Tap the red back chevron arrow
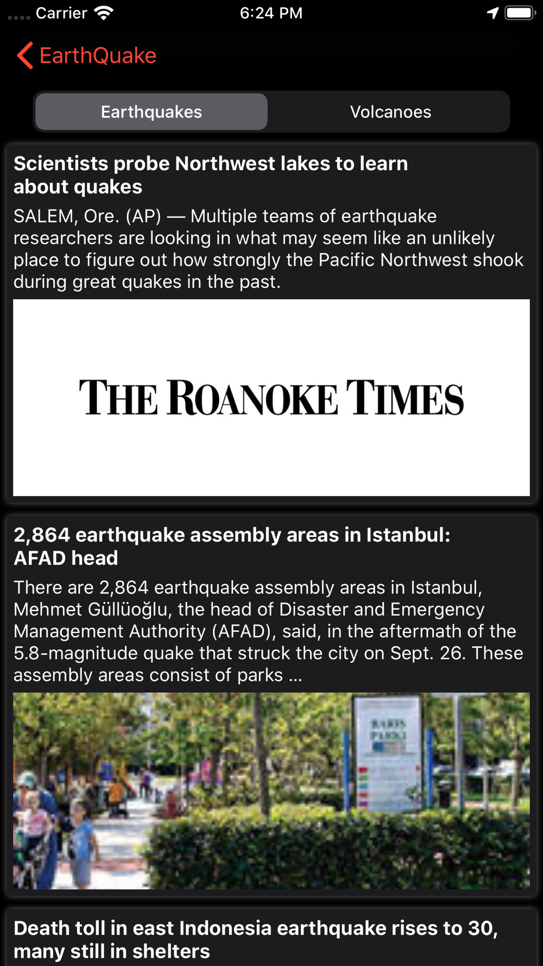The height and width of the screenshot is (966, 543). pyautogui.click(x=25, y=55)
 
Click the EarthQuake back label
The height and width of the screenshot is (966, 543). pyautogui.click(x=98, y=55)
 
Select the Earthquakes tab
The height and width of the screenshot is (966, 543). pyautogui.click(x=151, y=112)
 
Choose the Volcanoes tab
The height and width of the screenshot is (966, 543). pyautogui.click(x=390, y=112)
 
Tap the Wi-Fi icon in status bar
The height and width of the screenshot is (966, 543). pyautogui.click(x=103, y=12)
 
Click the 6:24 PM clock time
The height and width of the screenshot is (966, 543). pyautogui.click(x=271, y=12)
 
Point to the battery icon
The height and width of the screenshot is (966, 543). pyautogui.click(x=520, y=12)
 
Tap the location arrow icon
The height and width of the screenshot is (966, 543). pyautogui.click(x=493, y=12)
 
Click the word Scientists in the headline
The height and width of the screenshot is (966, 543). pyautogui.click(x=61, y=164)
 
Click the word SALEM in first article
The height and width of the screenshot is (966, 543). pyautogui.click(x=43, y=216)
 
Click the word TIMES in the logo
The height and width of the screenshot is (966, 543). pyautogui.click(x=405, y=398)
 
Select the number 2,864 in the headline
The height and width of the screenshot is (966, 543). pyautogui.click(x=42, y=535)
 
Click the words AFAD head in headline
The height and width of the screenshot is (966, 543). pyautogui.click(x=66, y=559)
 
